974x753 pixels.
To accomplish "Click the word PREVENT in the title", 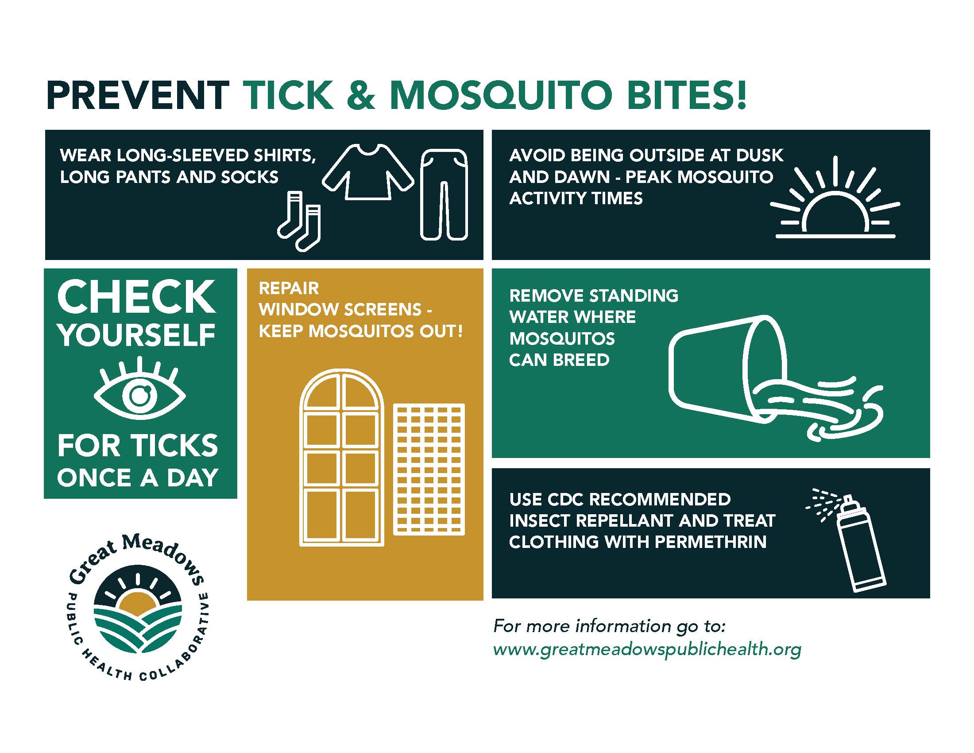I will point(137,96).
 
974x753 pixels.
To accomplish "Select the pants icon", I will point(444,194).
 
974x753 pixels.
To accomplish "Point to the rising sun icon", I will point(835,201).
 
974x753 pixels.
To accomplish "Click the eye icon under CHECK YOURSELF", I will point(139,393).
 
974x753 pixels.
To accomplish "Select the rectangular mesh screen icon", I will point(429,469).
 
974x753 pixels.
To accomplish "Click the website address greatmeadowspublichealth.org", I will point(647,649).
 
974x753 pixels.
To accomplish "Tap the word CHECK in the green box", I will point(136,297).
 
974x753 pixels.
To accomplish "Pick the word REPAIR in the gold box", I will point(289,288).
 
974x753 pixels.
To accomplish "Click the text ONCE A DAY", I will point(137,478).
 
